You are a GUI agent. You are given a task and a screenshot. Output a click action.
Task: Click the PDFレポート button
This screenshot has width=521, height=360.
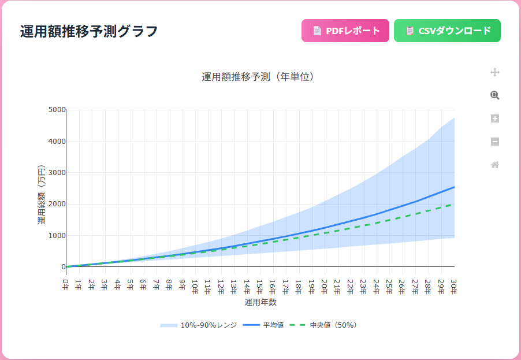[x=345, y=31]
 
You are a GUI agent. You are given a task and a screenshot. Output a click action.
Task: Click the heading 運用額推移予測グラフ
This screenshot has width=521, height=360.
[x=89, y=31]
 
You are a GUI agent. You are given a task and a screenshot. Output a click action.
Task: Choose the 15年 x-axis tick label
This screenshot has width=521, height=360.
[x=260, y=285]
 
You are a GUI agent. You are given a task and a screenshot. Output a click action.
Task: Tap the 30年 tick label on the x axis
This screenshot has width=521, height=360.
[x=454, y=285]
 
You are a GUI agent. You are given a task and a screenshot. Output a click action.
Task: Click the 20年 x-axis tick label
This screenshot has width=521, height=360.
[x=325, y=285]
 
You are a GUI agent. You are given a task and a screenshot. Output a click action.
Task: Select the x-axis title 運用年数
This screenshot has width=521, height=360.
[x=260, y=302]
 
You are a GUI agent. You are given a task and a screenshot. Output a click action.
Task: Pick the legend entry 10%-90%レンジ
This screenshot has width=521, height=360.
[x=199, y=325]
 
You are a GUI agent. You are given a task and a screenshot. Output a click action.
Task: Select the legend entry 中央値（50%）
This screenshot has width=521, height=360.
[x=327, y=325]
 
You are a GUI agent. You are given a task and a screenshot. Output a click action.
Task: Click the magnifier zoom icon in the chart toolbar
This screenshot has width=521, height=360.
[x=494, y=95]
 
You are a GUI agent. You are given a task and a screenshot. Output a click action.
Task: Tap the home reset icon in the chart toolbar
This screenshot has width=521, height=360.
[x=494, y=165]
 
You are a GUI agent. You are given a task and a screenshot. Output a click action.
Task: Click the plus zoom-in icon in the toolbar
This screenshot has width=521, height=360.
[x=494, y=118]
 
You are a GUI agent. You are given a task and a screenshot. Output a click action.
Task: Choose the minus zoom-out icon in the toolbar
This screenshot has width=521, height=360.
[x=494, y=142]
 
